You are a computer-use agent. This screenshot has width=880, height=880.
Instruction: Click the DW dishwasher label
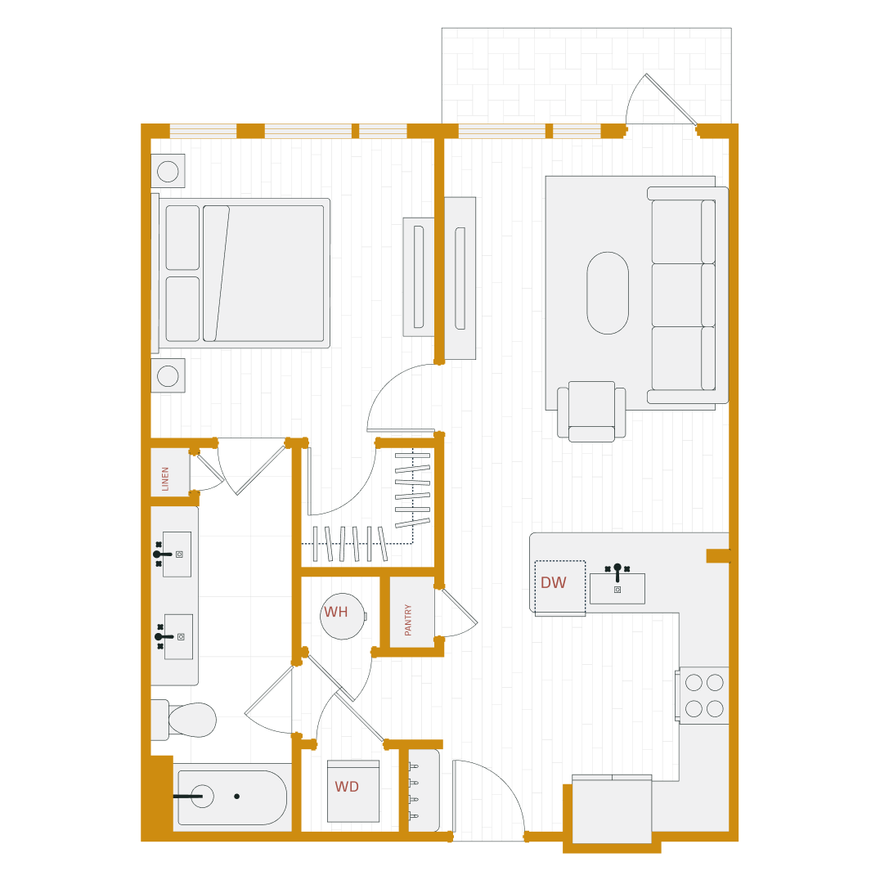[x=553, y=583]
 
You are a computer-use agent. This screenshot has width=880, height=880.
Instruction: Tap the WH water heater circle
[x=342, y=616]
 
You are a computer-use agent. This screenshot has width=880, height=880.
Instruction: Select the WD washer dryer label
[x=347, y=787]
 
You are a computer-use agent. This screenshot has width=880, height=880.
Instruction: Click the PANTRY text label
[x=408, y=619]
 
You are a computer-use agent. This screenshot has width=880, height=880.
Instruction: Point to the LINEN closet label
[x=165, y=478]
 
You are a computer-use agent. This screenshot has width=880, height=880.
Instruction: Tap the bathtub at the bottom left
[x=231, y=797]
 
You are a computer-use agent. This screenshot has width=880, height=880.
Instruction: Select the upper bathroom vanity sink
[x=177, y=554]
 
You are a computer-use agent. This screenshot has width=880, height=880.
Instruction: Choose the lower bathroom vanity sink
[x=178, y=636]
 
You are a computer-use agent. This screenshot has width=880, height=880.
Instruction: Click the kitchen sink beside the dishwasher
[x=617, y=588]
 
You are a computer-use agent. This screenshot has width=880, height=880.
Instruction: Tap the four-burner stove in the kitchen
[x=703, y=695]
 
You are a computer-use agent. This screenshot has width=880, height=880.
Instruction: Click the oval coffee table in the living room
[x=608, y=293]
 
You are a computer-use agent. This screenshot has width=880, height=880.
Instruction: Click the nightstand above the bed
[x=168, y=171]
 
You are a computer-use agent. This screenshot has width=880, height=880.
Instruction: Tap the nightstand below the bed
[x=168, y=375]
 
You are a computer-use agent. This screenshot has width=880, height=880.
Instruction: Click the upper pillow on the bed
[x=182, y=237]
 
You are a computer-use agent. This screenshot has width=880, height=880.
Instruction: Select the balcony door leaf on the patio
[x=671, y=99]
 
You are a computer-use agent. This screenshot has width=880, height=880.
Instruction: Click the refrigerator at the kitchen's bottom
[x=612, y=810]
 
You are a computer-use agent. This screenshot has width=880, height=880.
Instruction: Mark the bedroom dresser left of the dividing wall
[x=418, y=276]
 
